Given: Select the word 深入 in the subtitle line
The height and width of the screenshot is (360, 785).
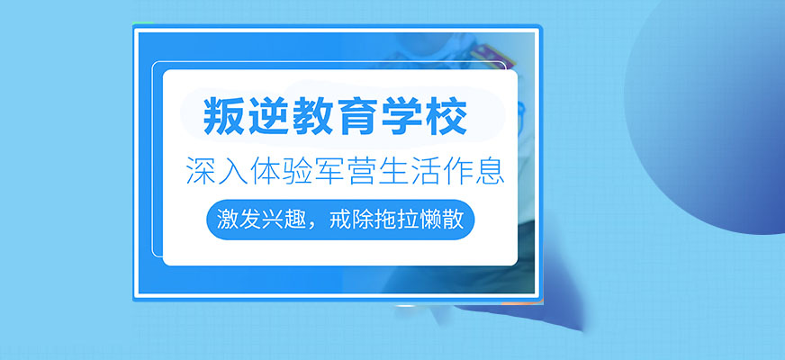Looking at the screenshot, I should [213, 169].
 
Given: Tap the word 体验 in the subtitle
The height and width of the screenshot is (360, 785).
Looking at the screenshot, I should [278, 169].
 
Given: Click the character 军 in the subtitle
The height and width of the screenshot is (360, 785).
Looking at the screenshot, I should [327, 169].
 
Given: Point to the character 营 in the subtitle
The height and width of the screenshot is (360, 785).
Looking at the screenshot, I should [359, 169].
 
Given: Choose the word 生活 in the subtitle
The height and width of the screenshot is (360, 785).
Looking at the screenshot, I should [408, 169].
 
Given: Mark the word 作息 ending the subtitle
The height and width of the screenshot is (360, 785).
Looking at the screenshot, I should [473, 169].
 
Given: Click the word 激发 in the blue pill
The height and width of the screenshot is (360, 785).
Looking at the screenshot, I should [238, 220].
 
